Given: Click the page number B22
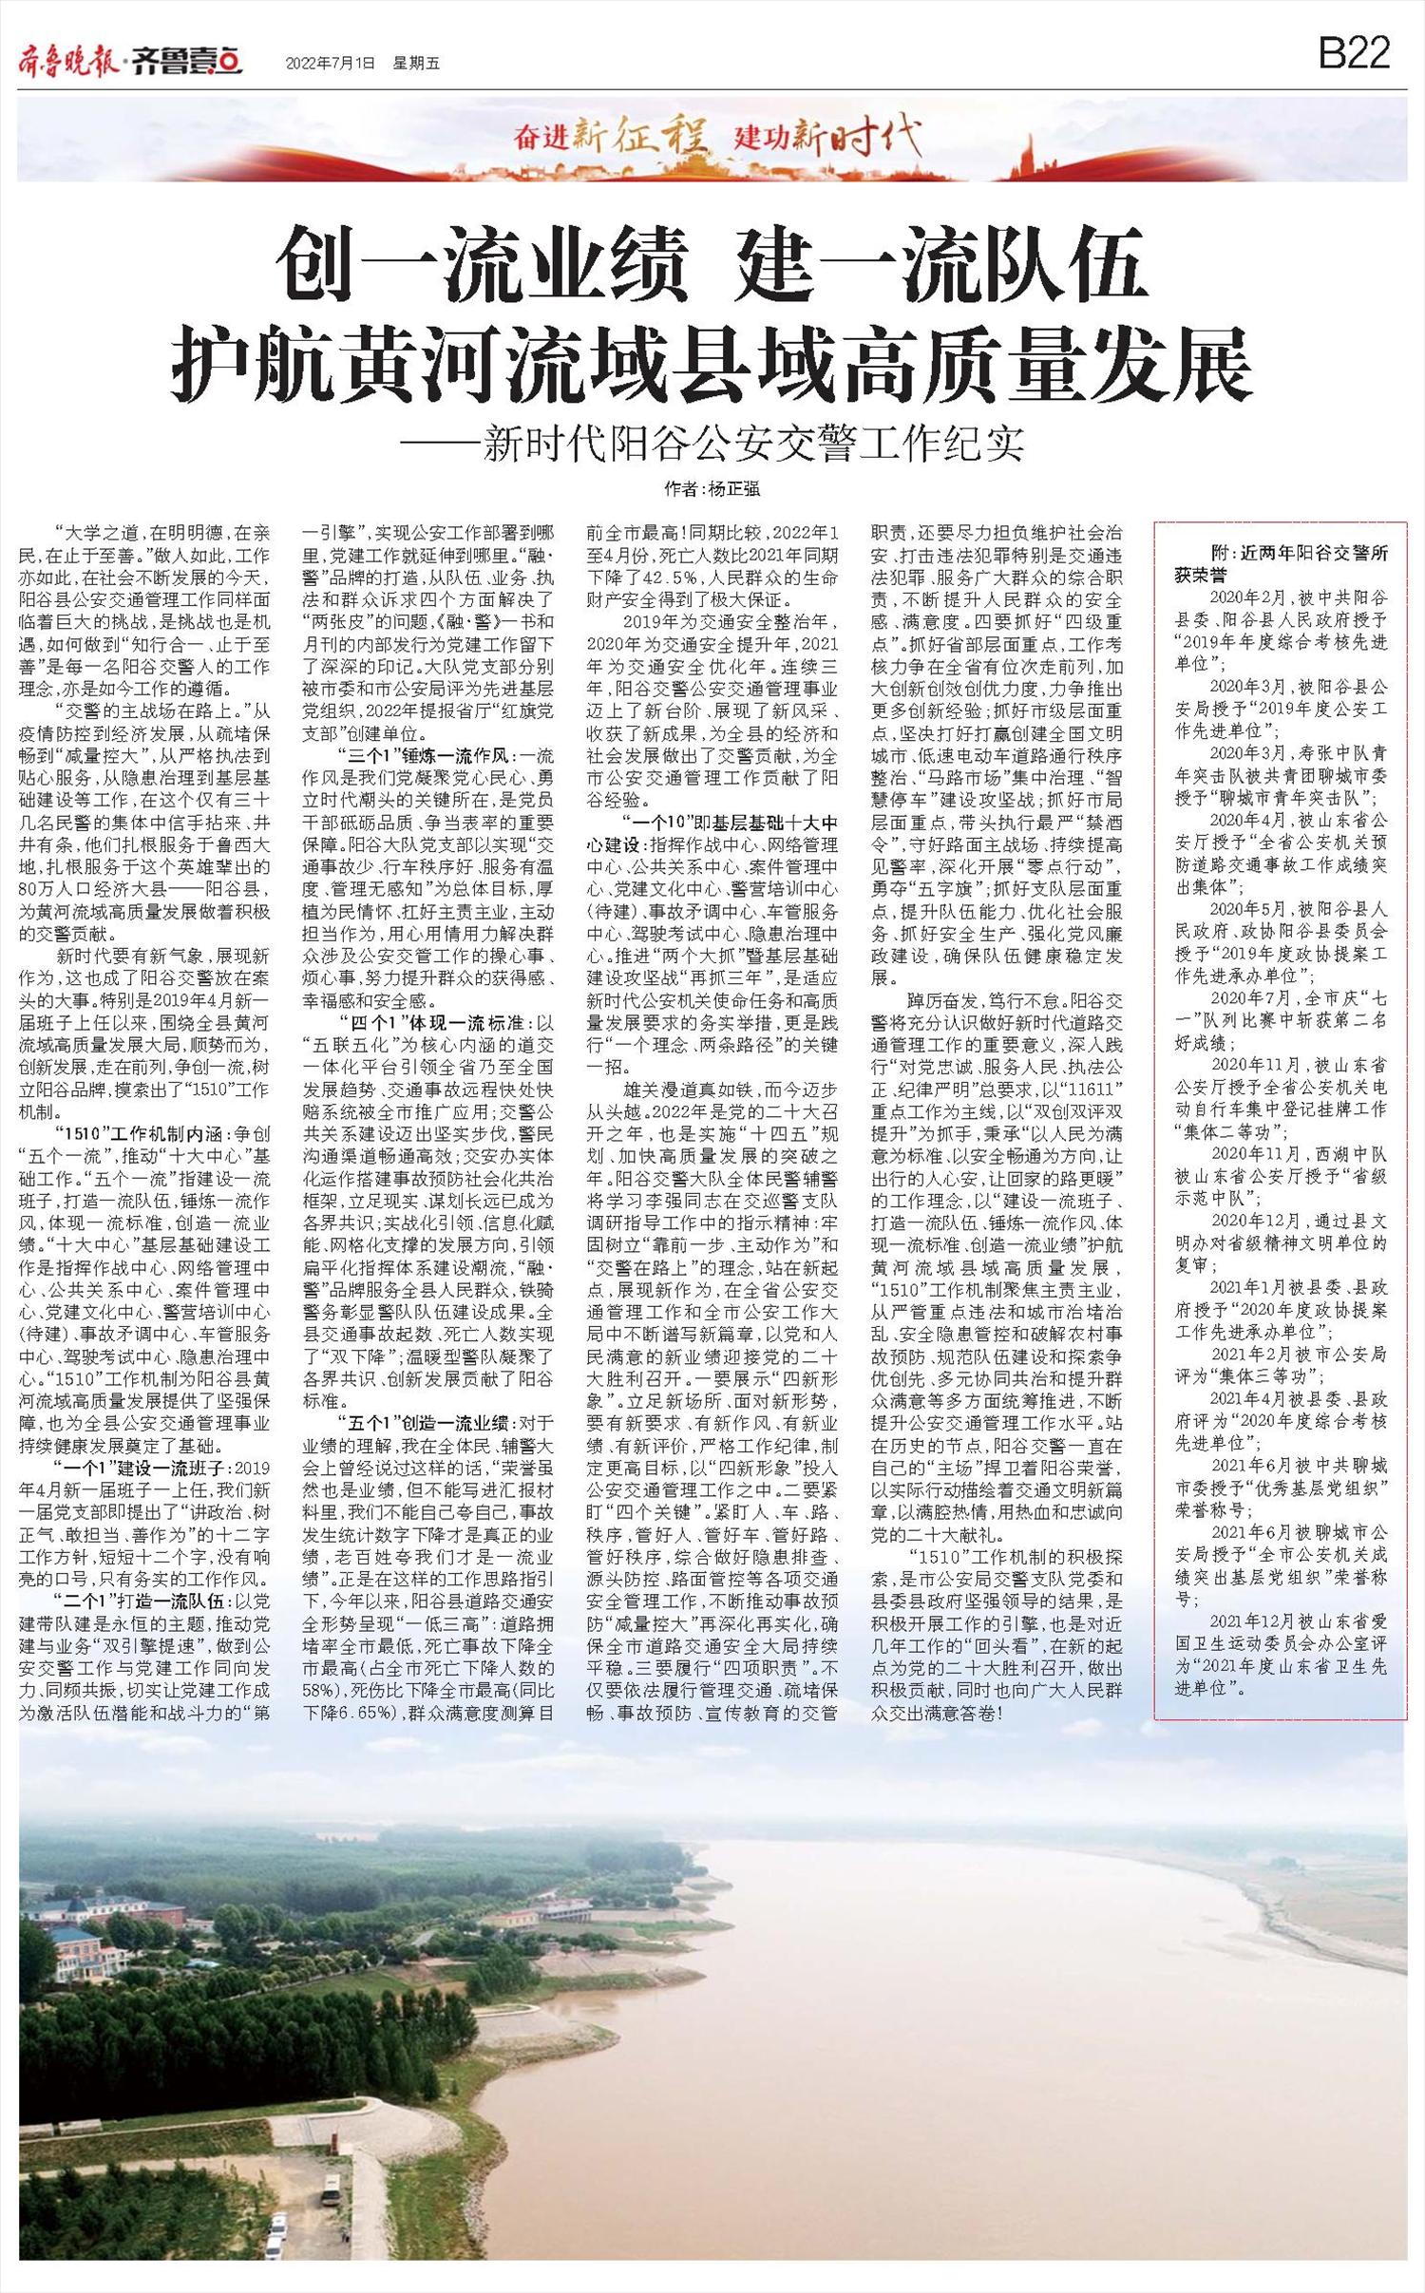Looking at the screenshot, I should click(x=1354, y=53).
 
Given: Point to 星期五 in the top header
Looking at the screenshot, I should click(x=416, y=65).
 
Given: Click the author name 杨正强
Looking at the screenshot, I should click(x=733, y=490).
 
